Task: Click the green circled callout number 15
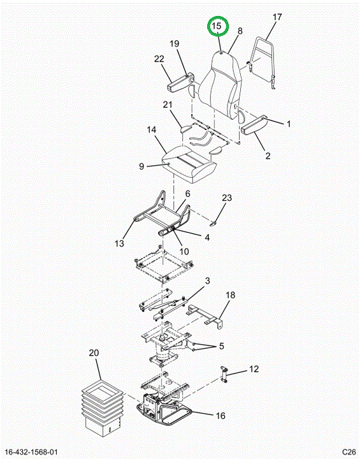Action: [x=217, y=25]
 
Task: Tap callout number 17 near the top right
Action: [x=277, y=17]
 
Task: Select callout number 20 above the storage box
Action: [x=94, y=353]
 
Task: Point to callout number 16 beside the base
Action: [x=220, y=416]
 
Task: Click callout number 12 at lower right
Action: [x=254, y=369]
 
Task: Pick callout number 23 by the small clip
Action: [x=227, y=198]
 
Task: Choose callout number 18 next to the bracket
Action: [x=231, y=295]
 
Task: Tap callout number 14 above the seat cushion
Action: [x=152, y=129]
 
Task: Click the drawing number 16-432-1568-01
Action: [x=31, y=452]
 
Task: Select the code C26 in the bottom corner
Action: [x=349, y=452]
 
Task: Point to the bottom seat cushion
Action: [x=189, y=164]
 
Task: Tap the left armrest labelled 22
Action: [x=180, y=82]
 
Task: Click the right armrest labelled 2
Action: [x=254, y=126]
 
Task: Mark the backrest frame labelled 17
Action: [x=261, y=62]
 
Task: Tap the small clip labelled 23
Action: [x=213, y=224]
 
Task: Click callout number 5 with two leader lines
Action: [x=221, y=346]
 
